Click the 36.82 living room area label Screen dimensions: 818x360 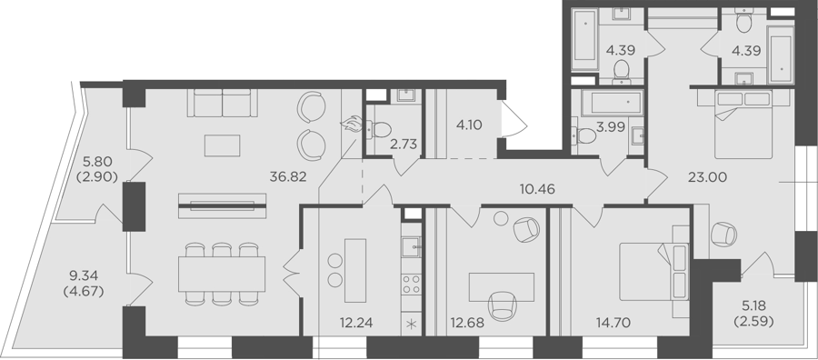[287, 177]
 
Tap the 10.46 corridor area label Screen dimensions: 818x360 [537, 189]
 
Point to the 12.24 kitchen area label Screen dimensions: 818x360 [354, 323]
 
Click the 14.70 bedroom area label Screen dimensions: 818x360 [612, 323]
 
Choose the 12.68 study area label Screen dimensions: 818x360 [467, 323]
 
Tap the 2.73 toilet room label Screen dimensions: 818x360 [404, 145]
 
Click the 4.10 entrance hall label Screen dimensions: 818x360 [468, 125]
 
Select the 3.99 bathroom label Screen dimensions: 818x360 [611, 128]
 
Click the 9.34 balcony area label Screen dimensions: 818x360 [84, 275]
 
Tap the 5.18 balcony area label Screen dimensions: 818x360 [753, 306]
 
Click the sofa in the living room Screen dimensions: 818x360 [223, 103]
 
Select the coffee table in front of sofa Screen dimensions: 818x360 [223, 145]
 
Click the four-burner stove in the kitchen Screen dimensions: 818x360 [411, 285]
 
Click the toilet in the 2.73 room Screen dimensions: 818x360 [378, 129]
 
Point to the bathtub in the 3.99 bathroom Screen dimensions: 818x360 [611, 102]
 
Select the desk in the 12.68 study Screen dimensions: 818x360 [502, 287]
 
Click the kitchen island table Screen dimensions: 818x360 [355, 270]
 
